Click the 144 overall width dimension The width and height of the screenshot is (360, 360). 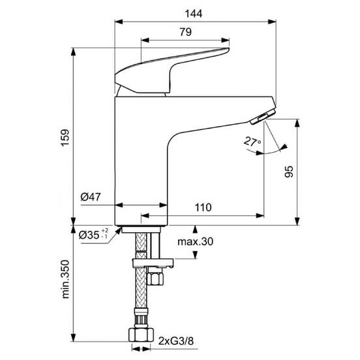(x=194, y=14)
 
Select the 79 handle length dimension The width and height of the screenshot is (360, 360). (x=185, y=32)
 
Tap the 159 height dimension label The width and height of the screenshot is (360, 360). (x=65, y=138)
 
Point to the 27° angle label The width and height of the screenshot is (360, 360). (x=252, y=142)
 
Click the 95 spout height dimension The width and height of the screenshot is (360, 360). (x=289, y=172)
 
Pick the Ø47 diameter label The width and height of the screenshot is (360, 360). (x=91, y=197)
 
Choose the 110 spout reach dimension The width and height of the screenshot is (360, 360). (x=203, y=207)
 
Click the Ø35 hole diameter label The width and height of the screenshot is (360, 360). (x=89, y=235)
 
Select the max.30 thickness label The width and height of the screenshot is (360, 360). (x=196, y=241)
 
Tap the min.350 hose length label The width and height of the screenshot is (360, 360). (x=65, y=279)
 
